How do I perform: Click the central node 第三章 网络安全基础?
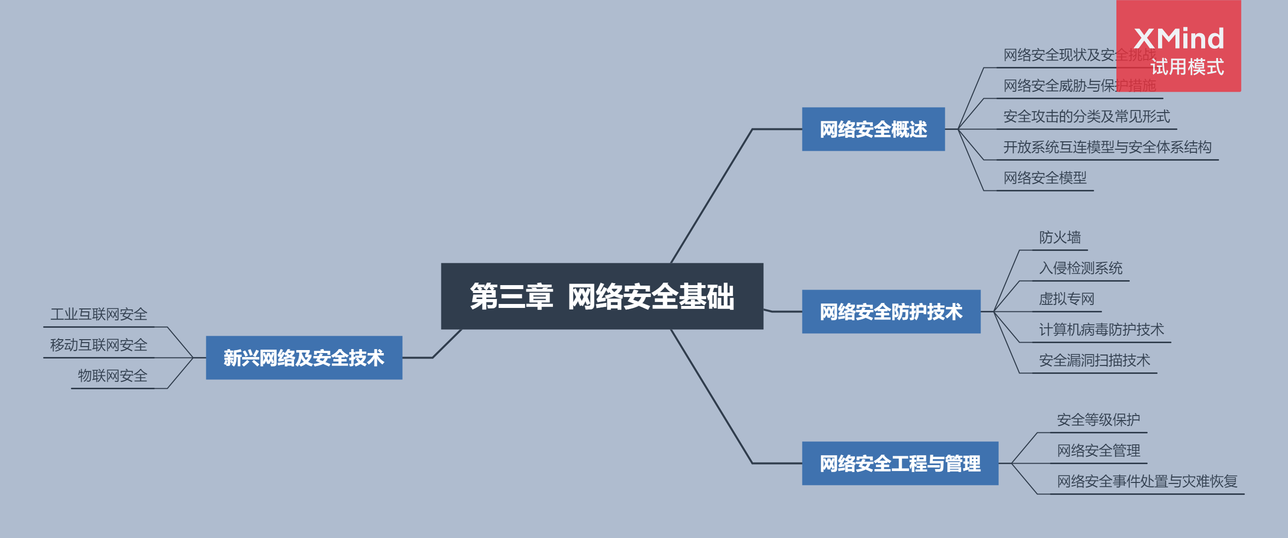602,296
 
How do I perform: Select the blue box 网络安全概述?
873,129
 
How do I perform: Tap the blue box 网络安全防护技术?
891,311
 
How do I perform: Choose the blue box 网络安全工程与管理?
900,464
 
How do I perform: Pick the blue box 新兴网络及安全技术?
304,358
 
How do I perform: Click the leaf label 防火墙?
1059,238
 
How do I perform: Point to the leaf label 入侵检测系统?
1081,268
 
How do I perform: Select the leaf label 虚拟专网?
1066,299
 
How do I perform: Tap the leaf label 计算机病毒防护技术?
1101,330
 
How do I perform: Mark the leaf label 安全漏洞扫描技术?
1094,360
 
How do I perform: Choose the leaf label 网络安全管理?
1098,451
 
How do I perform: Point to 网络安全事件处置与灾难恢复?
1147,481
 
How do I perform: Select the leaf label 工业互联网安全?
99,314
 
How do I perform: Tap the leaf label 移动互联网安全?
99,345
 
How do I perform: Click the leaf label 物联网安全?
113,376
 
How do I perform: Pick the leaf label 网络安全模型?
1045,178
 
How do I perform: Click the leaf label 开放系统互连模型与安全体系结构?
1107,147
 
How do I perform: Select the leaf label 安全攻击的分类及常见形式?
1087,117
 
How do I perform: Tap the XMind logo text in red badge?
1178,39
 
